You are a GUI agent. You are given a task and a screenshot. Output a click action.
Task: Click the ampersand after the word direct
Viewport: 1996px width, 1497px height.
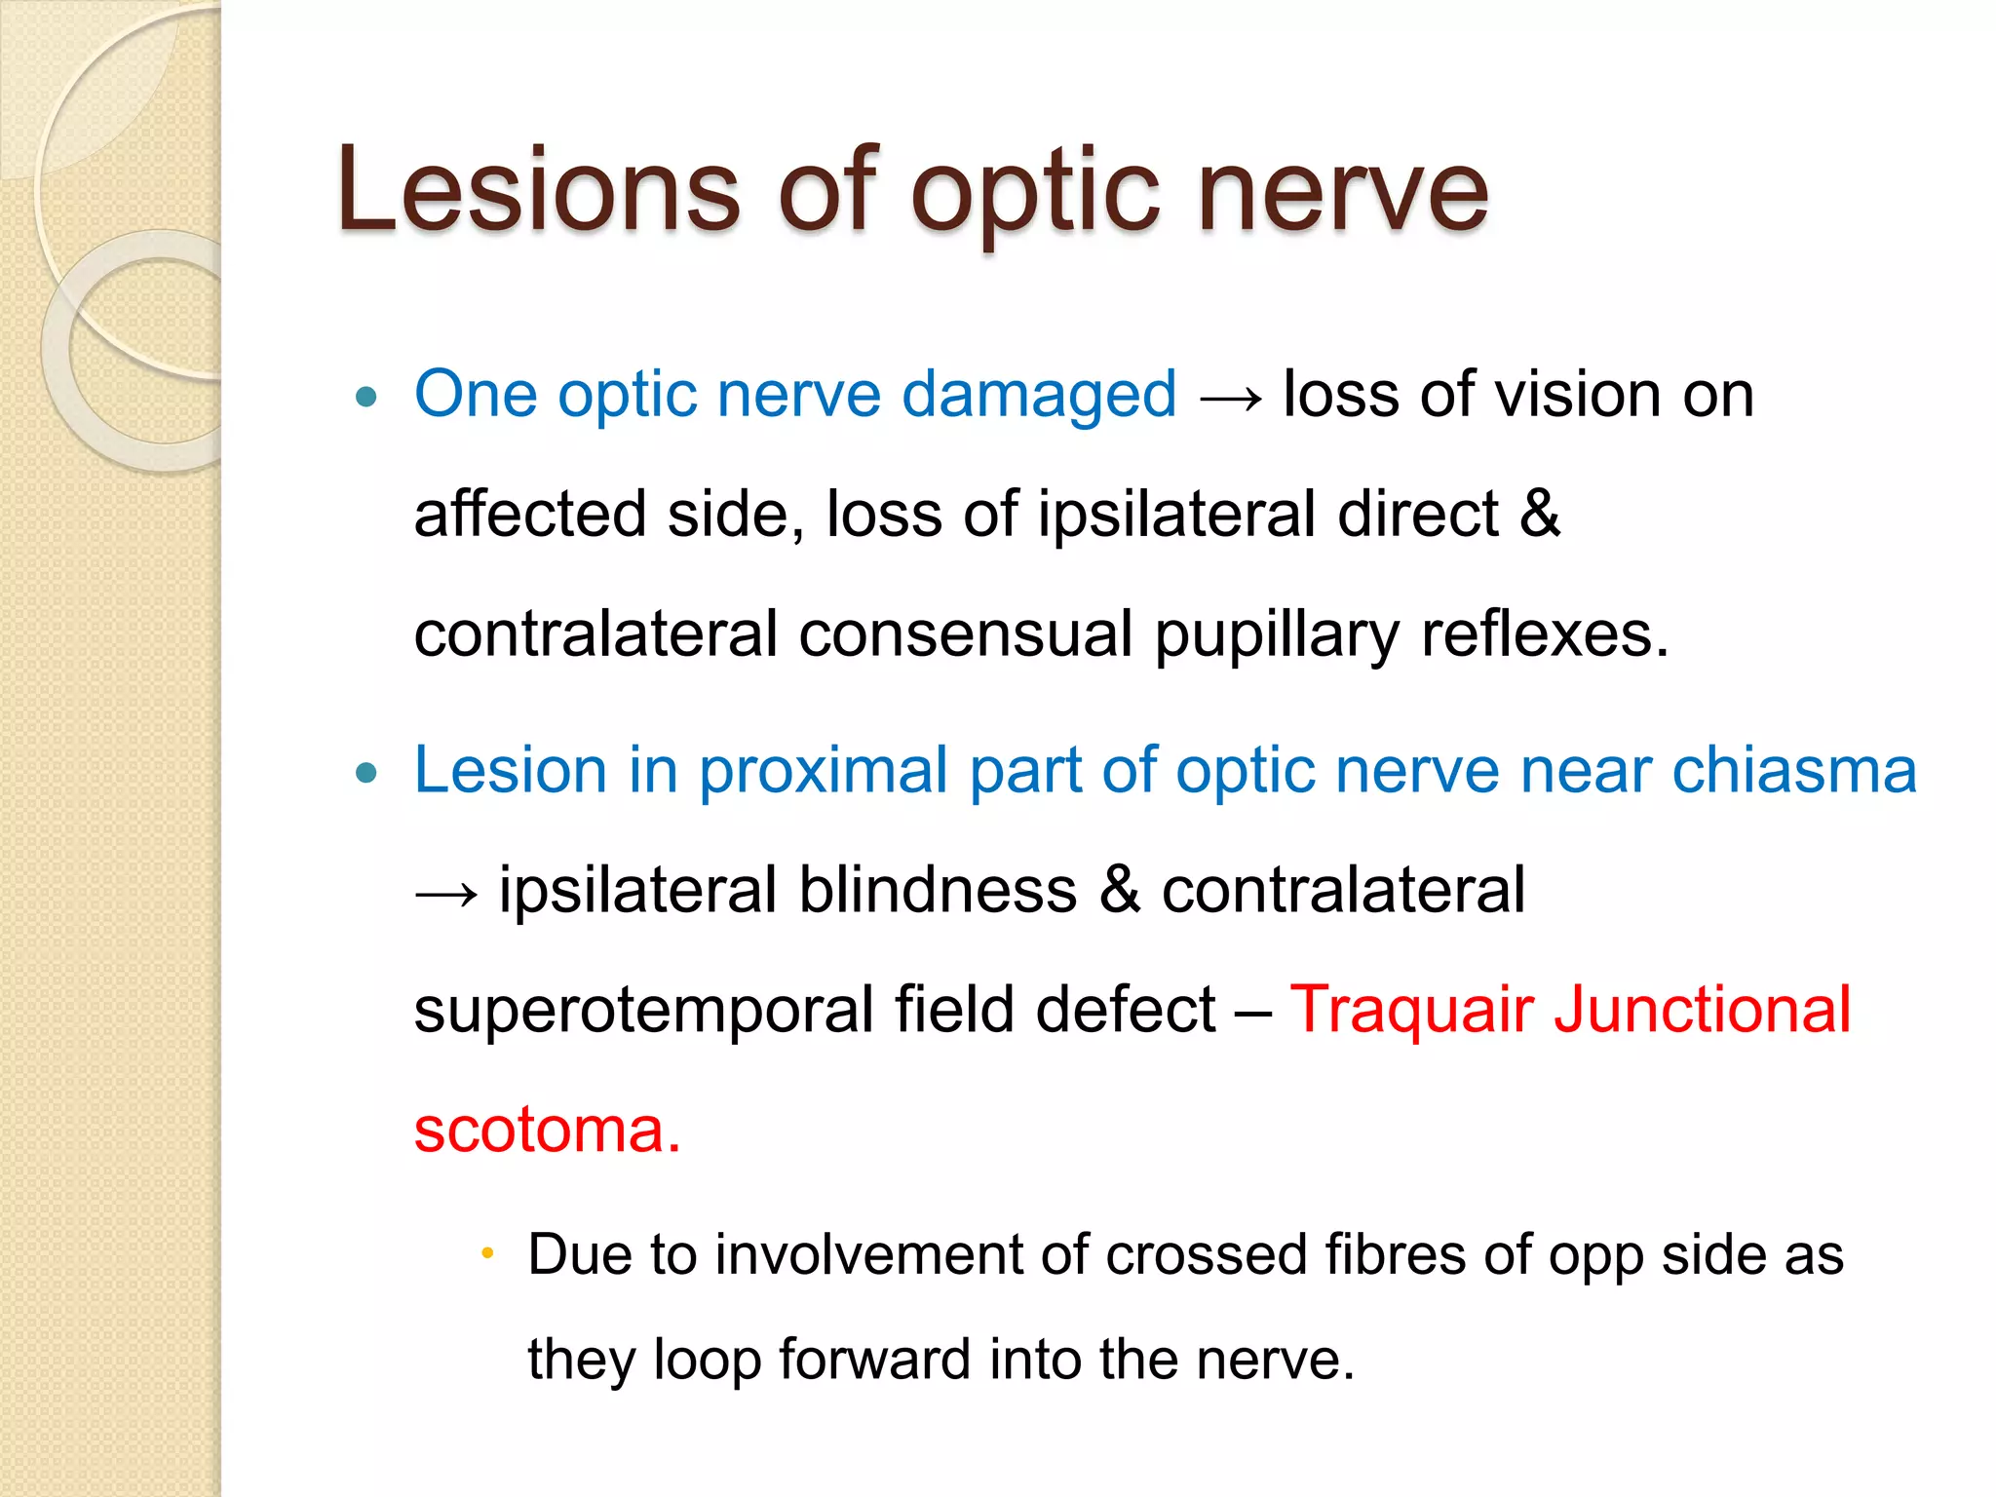(1540, 515)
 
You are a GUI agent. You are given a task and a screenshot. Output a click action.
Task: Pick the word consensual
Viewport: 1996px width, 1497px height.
(965, 634)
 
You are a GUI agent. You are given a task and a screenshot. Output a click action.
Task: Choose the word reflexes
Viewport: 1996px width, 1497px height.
(1544, 634)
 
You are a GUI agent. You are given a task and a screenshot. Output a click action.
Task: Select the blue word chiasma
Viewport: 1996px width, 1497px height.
(1794, 770)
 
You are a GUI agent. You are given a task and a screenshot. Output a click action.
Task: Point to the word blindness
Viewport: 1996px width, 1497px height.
(938, 890)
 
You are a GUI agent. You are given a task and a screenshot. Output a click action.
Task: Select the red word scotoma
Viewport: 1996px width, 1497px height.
(546, 1131)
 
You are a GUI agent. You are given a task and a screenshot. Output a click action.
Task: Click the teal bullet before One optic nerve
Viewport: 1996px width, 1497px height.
(366, 397)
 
